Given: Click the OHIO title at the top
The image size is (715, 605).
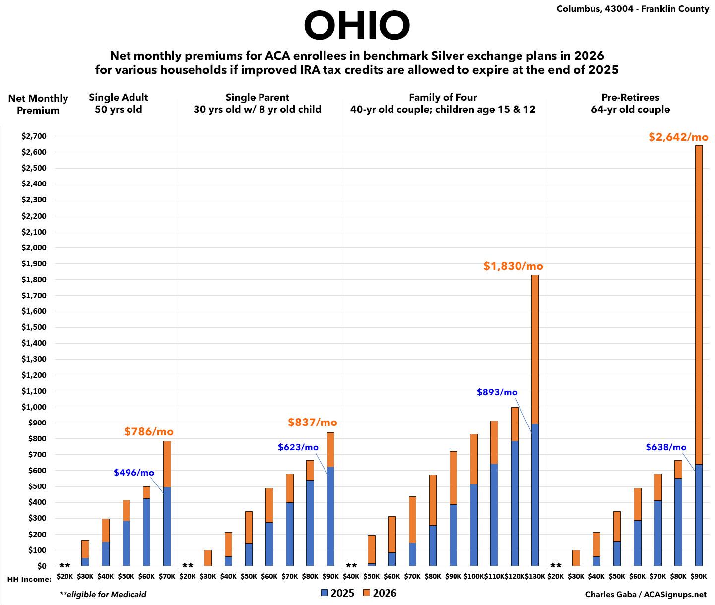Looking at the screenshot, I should [x=357, y=26].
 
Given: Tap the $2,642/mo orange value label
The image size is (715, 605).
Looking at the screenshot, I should [x=678, y=137].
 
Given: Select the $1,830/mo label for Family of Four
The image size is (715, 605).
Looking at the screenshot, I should [x=513, y=266].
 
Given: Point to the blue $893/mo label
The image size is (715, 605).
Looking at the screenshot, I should [x=497, y=392].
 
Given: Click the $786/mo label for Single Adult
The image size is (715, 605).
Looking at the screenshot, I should [x=148, y=432].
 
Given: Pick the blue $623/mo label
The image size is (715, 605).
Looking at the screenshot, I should [x=298, y=447].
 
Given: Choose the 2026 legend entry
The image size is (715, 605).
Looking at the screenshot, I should [x=380, y=593].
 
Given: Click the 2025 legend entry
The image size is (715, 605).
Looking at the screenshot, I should [x=337, y=593].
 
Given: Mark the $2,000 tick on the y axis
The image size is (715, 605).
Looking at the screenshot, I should [x=33, y=248].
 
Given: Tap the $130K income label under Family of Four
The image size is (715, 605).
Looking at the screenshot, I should [x=535, y=577].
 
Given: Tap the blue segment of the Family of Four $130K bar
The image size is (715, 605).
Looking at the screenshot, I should [x=535, y=496].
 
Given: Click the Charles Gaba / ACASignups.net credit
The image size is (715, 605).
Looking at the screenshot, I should [x=646, y=594].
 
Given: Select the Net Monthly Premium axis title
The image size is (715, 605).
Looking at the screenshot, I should [x=38, y=104].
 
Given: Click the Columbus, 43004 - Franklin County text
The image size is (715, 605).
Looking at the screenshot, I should [x=633, y=9].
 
